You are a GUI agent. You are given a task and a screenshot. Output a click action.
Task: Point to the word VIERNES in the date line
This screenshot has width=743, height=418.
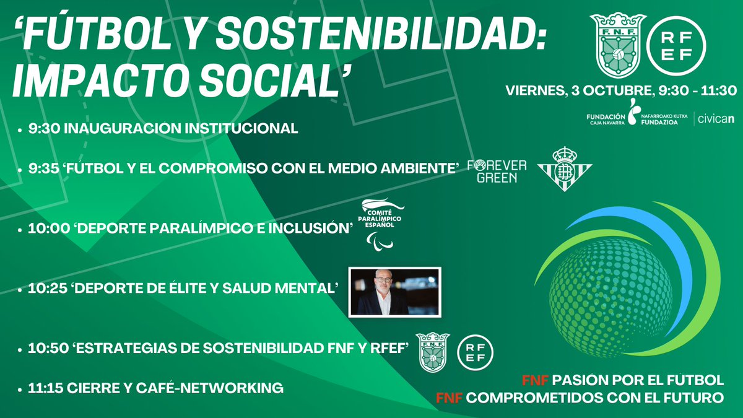click(532, 91)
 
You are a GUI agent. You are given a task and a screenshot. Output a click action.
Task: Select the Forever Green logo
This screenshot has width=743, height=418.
click(496, 172)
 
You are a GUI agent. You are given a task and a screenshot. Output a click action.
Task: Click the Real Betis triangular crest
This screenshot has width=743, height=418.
click(564, 168)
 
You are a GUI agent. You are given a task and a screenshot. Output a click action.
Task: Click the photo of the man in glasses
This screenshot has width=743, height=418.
click(394, 290)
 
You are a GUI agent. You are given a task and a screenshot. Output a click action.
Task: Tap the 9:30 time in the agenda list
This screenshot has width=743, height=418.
click(41, 129)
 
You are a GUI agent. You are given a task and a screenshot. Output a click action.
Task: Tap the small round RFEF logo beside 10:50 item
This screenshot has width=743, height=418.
click(476, 351)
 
